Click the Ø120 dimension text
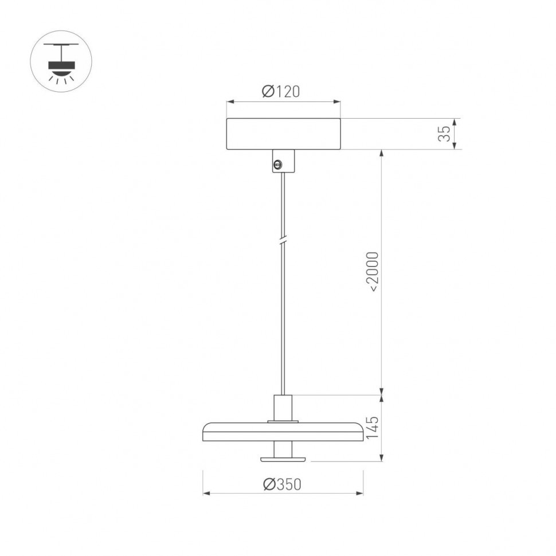click(281, 91)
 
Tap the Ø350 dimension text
click(282, 484)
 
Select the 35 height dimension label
click(444, 134)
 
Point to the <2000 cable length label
click(373, 272)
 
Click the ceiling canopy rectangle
click(283, 134)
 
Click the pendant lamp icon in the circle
click(61, 61)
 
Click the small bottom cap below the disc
click(283, 459)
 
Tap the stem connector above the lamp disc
click(283, 408)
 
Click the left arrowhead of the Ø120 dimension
click(230, 102)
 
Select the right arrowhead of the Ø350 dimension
click(360, 493)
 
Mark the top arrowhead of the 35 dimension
click(455, 122)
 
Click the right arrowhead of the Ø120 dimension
click(337, 102)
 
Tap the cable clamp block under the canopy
click(283, 160)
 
